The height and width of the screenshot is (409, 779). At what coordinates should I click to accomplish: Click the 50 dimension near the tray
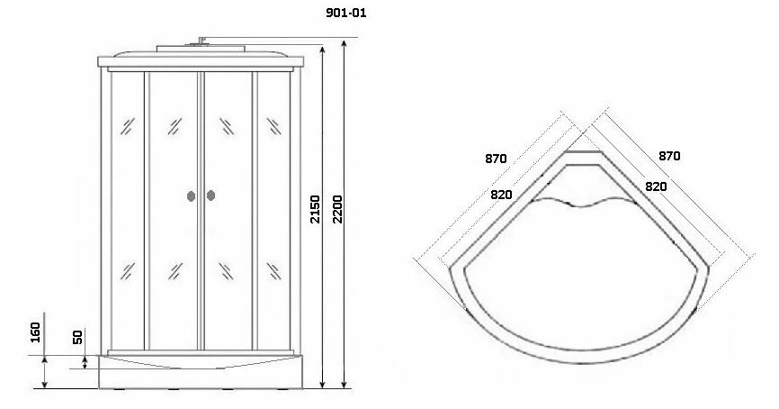pos(77,337)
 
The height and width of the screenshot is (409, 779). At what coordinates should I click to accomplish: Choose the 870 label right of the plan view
pos(668,156)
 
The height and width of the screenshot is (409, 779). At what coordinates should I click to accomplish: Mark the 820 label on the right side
pos(655,186)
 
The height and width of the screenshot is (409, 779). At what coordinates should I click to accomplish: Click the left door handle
pos(190,195)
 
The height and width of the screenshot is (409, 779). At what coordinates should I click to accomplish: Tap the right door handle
pos(211,195)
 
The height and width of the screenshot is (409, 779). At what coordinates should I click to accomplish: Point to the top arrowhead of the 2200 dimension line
pos(347,41)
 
